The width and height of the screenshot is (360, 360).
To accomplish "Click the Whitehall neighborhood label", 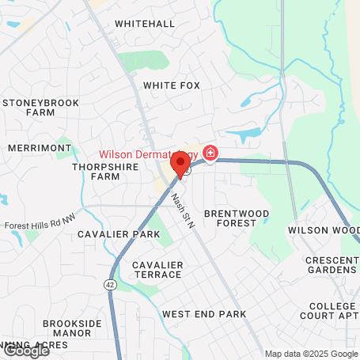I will click(x=145, y=24).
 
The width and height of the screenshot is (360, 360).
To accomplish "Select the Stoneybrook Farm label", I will click(x=36, y=108).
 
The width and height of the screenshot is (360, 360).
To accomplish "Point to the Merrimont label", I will click(x=33, y=148).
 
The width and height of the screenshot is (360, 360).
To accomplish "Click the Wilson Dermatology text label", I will click(x=148, y=153).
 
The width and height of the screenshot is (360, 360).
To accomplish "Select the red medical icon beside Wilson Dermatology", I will click(x=210, y=153).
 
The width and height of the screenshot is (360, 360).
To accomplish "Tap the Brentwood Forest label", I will click(x=237, y=219).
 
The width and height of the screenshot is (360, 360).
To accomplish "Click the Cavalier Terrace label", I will click(x=157, y=269).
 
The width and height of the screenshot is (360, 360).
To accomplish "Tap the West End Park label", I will click(x=204, y=314).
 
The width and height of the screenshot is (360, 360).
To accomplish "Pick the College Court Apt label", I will click(x=333, y=311).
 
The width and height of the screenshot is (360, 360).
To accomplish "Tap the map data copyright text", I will click(x=311, y=354).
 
